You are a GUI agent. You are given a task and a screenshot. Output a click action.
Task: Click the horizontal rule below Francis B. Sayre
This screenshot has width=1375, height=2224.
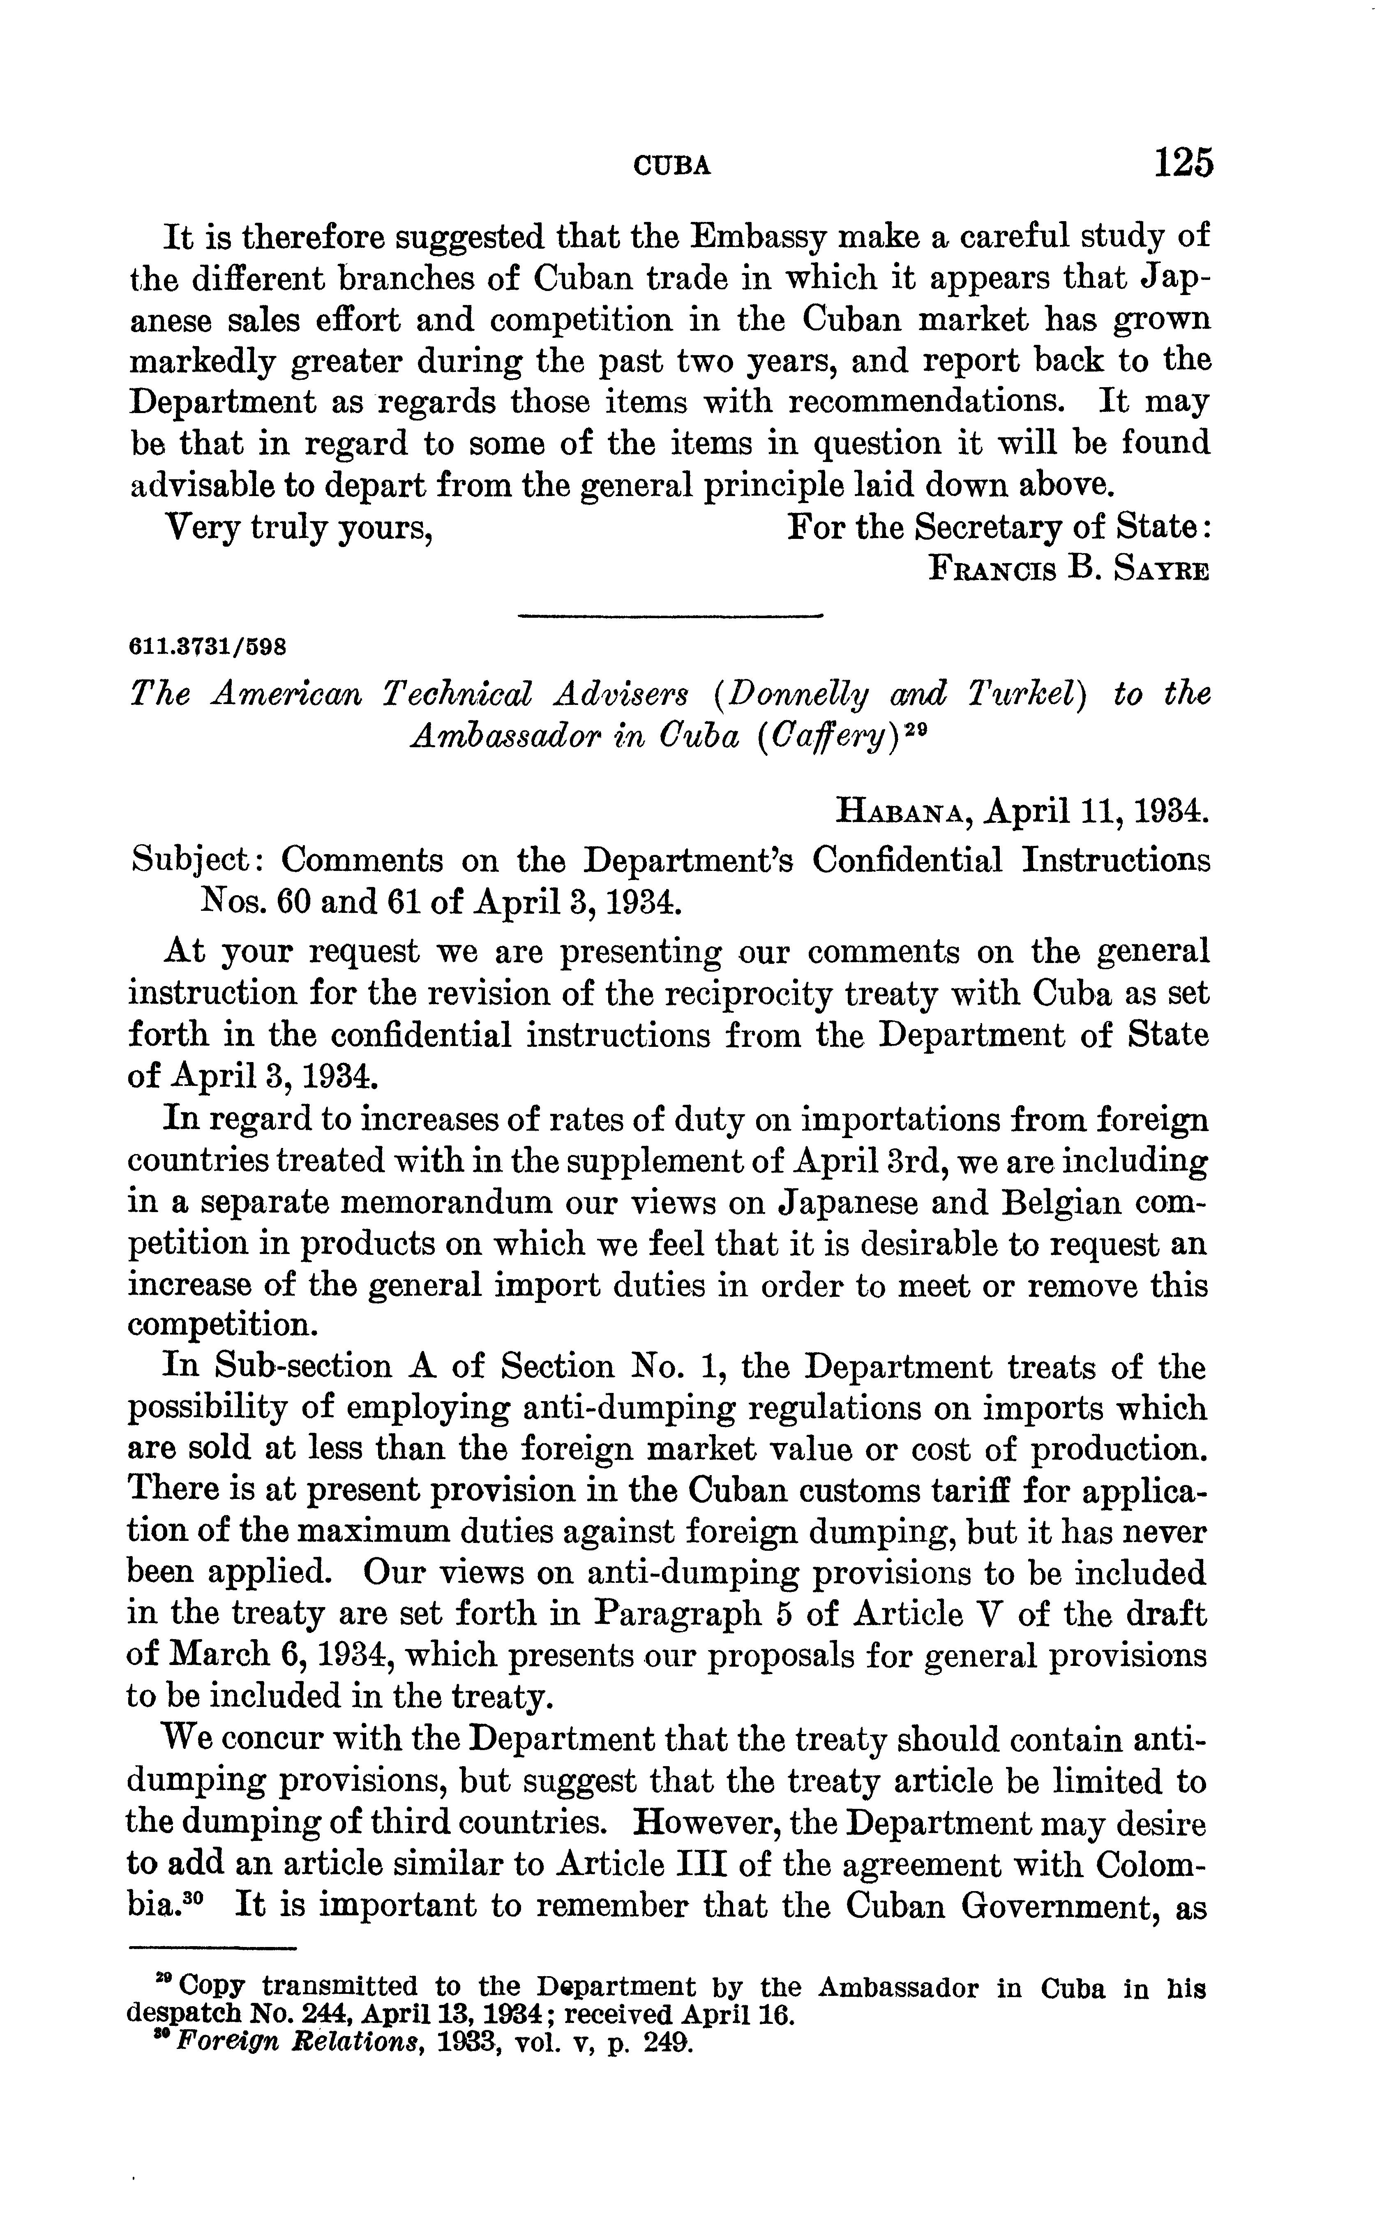pos(669,617)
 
